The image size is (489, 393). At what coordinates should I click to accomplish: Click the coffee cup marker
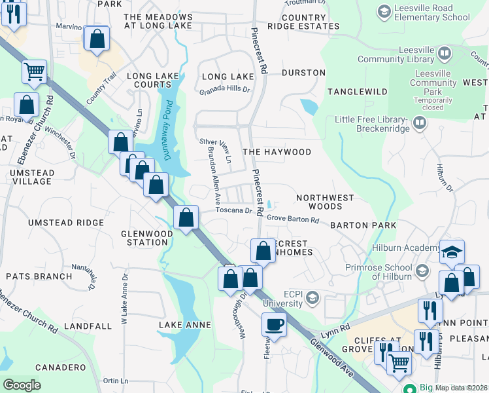click(275, 324)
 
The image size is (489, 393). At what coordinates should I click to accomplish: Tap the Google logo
click(22, 385)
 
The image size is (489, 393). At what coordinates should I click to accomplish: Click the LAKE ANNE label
click(185, 325)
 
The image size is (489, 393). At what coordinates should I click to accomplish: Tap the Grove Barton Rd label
click(292, 219)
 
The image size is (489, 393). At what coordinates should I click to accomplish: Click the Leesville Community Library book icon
click(445, 52)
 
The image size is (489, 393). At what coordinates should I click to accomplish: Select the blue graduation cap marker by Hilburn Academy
click(452, 252)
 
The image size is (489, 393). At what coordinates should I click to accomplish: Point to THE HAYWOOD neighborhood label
click(277, 152)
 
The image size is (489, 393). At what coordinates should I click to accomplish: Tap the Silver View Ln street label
click(215, 150)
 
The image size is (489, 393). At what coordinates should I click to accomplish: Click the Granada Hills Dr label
click(225, 92)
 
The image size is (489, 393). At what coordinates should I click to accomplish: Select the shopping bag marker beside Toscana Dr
click(186, 218)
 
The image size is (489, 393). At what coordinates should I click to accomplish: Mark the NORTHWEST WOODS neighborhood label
click(325, 202)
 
